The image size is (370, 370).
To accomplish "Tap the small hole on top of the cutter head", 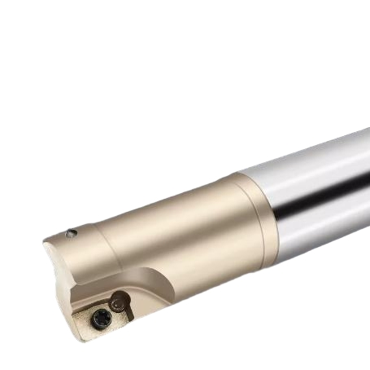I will pyautogui.click(x=72, y=234).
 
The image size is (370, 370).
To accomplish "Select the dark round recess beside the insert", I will pyautogui.click(x=119, y=303).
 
